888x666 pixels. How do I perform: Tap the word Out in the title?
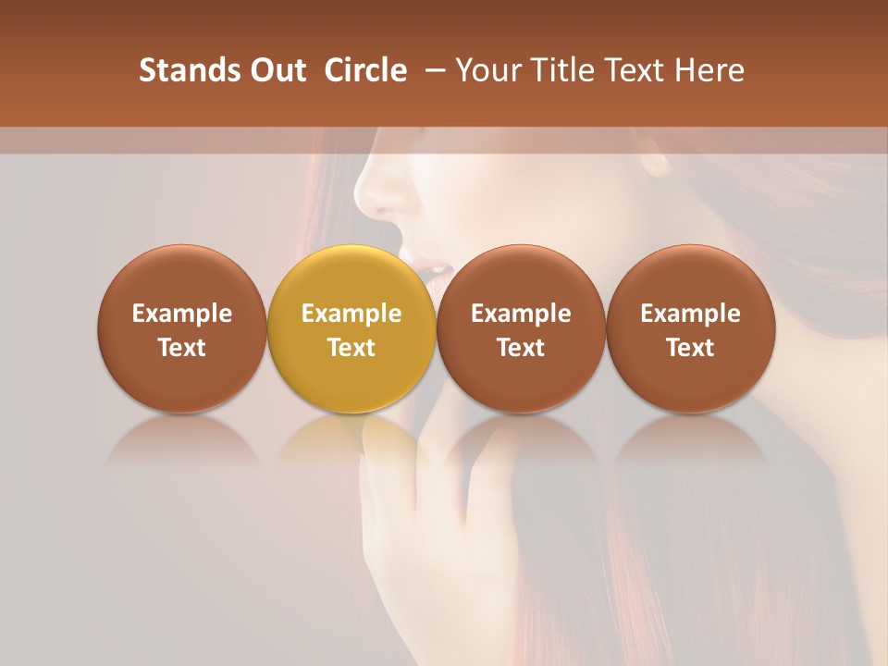(276, 70)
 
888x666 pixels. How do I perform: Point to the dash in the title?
(433, 70)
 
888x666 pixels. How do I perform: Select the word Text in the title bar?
(637, 70)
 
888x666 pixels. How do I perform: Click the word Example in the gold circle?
(351, 314)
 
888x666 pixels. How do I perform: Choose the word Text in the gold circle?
(351, 348)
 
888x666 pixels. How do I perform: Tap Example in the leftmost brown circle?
(182, 314)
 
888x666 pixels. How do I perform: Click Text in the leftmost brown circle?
(182, 348)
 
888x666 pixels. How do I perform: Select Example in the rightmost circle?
(690, 314)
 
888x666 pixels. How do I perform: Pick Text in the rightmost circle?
(690, 348)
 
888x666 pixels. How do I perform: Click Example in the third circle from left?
(521, 314)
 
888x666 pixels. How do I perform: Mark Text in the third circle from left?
(521, 348)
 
